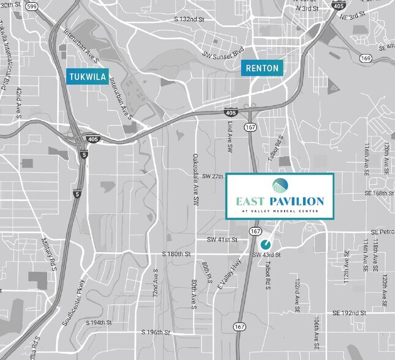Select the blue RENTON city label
pos(262,68)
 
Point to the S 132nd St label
pos(189,20)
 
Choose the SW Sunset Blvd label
pos(223,54)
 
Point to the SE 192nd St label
pos(350,312)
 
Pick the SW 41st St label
pos(222,239)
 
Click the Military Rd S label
pos(49,250)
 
